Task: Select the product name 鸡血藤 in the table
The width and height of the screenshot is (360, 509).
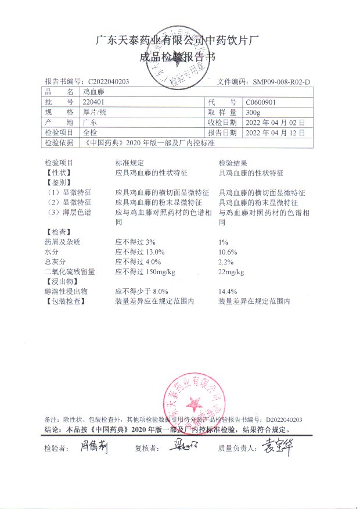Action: coord(93,92)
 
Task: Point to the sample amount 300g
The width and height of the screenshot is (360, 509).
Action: coord(253,112)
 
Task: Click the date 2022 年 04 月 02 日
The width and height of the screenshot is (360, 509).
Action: coord(271,122)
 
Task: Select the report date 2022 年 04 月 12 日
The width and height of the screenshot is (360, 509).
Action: coord(271,132)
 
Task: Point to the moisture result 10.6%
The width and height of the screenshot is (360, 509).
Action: coord(228,252)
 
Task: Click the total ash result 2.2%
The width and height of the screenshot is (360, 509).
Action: coord(226,261)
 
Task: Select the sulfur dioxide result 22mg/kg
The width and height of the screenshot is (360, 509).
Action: coord(231,271)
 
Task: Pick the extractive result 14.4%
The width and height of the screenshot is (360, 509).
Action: coord(228,291)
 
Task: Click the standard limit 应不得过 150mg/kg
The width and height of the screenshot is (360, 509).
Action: coord(145,271)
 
